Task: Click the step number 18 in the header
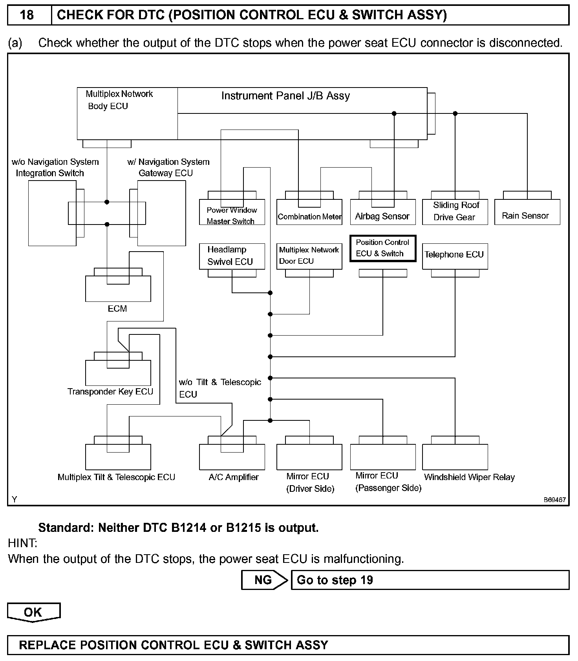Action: [27, 15]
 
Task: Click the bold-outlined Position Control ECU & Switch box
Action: [382, 248]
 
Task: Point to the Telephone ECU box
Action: [455, 256]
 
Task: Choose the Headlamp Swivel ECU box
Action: [232, 256]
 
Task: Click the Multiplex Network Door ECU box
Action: [309, 256]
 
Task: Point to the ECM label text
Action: [117, 309]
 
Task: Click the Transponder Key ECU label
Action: [110, 392]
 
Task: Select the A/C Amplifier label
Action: [234, 477]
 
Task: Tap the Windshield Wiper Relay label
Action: [469, 477]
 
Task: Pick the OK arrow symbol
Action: [33, 612]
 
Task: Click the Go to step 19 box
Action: [430, 580]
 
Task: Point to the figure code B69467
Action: [554, 500]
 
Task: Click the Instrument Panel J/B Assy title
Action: [285, 96]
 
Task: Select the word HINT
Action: [22, 543]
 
